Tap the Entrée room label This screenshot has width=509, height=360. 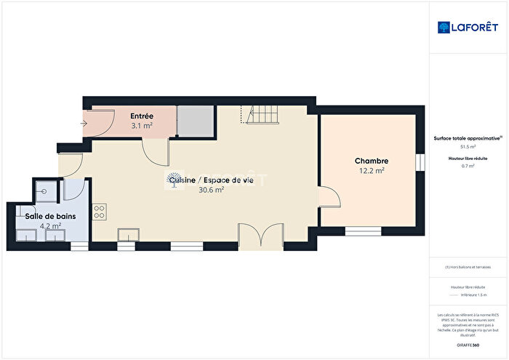click(141, 116)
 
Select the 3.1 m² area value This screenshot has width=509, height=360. click(141, 126)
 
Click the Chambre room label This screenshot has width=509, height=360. click(371, 161)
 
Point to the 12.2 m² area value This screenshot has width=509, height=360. click(371, 171)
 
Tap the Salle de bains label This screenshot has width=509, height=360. click(48, 216)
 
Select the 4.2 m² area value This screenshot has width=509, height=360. click(50, 226)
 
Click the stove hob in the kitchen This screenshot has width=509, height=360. click(100, 212)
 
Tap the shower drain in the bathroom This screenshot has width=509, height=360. click(45, 191)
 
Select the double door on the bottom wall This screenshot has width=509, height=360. click(261, 237)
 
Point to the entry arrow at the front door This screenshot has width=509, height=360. click(84, 122)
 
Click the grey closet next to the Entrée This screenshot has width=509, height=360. click(195, 121)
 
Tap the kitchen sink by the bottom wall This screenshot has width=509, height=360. click(130, 234)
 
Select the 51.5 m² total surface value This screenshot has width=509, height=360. click(467, 146)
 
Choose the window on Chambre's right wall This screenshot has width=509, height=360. click(420, 161)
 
